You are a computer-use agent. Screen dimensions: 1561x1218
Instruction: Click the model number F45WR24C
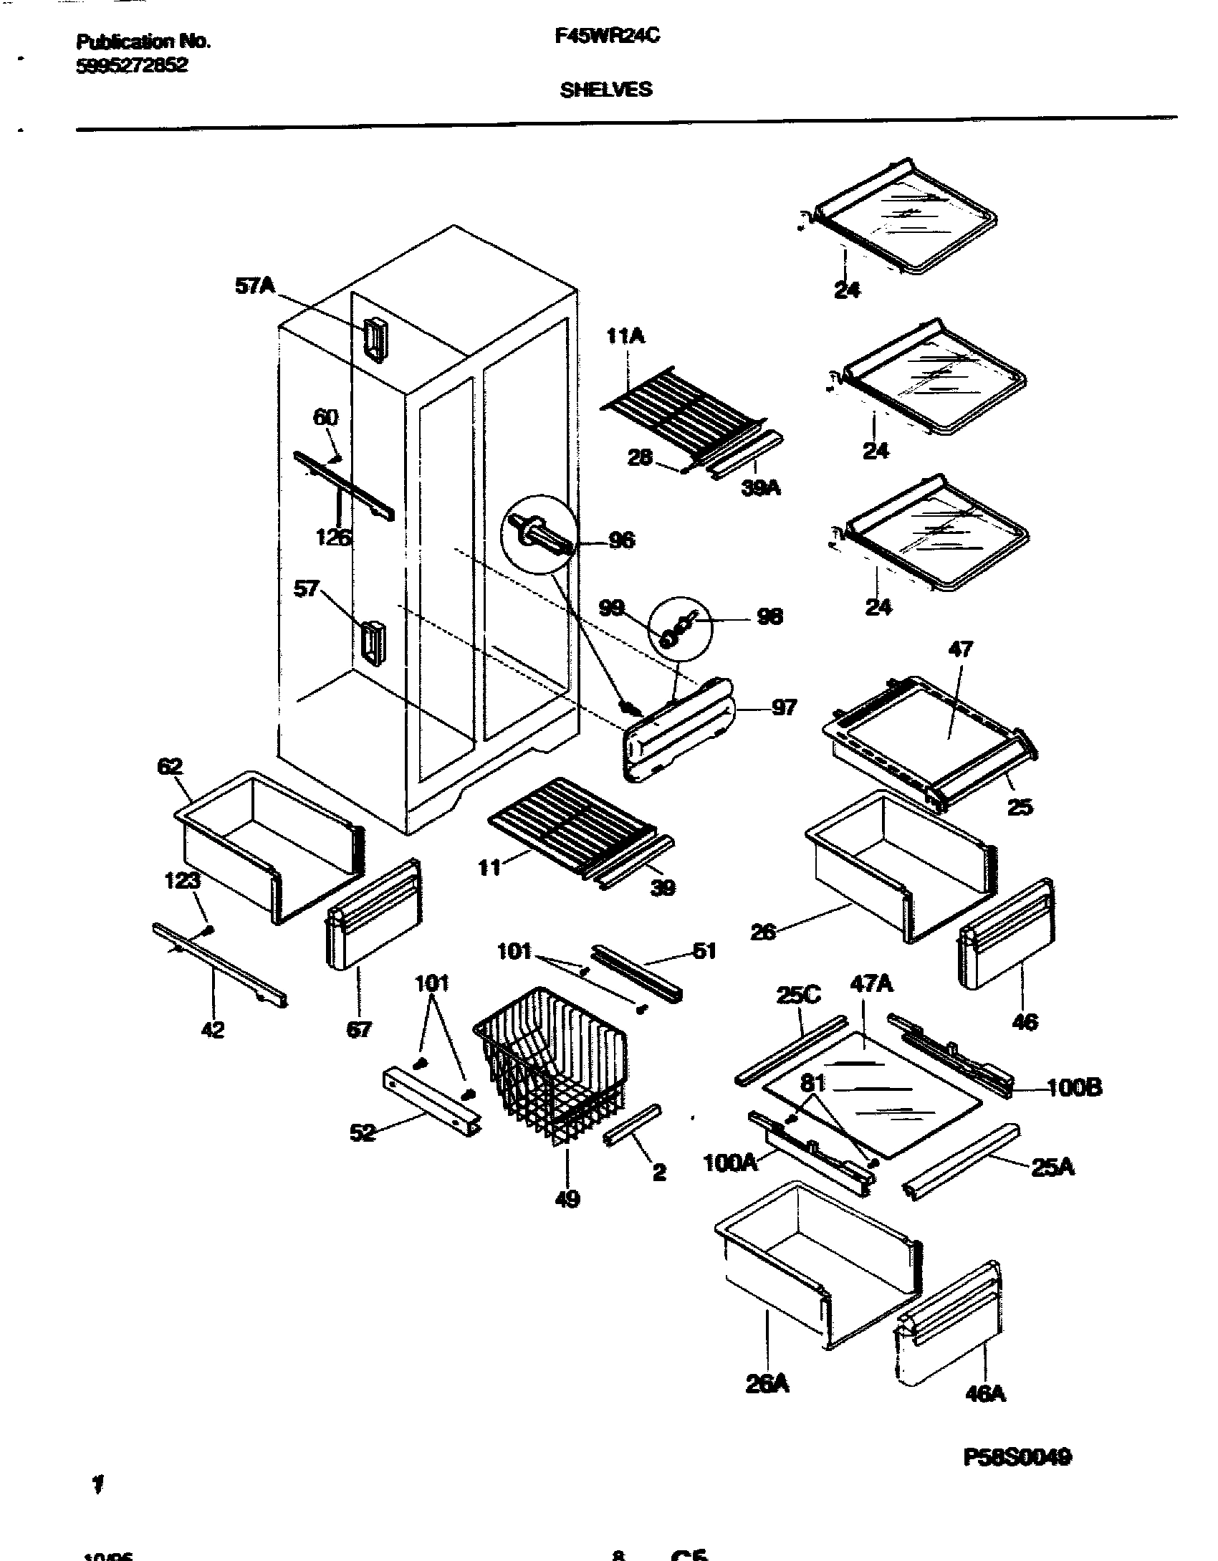607,37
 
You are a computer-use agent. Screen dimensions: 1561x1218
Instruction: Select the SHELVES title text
606,90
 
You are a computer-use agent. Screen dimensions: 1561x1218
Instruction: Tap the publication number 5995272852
132,66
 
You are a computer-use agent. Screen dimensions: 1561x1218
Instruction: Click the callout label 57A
255,287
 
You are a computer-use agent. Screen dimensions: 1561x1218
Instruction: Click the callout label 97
784,707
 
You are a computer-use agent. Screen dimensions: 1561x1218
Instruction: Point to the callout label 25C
798,996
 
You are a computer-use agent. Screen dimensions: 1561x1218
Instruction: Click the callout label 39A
761,488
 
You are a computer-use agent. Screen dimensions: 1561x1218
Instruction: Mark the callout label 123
182,880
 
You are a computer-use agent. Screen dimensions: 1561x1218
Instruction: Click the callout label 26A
767,1384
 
